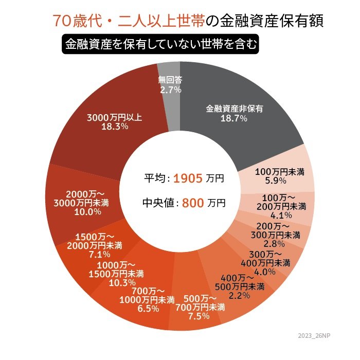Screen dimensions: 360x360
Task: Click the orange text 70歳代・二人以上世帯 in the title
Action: [129, 21]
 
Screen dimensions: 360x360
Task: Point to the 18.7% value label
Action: [234, 118]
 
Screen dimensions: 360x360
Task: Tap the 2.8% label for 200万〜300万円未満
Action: [271, 243]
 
